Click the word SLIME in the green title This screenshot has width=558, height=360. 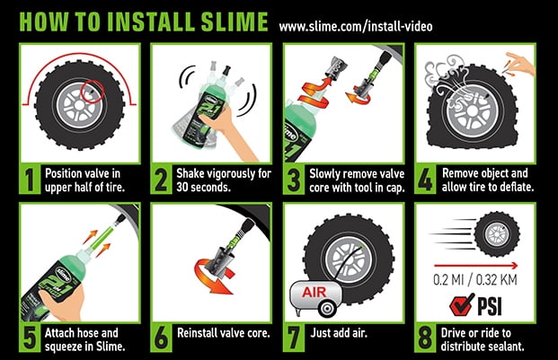point(235,22)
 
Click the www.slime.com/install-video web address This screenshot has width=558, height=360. point(356,26)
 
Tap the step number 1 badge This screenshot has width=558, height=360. point(30,180)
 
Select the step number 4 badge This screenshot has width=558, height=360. point(425,180)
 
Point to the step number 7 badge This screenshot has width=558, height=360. point(294,338)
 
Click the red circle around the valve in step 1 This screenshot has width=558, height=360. point(93,92)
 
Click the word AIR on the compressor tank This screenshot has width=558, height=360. point(314,292)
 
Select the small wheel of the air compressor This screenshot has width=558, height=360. point(327,308)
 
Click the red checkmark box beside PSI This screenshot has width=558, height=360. point(462,304)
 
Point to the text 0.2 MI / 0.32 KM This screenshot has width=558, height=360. point(475,280)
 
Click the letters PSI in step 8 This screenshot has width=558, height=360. point(490,306)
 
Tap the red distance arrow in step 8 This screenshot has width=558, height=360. point(475,266)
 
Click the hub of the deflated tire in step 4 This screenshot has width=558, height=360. point(472,111)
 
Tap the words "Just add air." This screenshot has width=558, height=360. point(339,333)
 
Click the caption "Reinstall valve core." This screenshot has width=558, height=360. point(224,333)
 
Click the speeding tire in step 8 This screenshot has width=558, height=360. point(497,234)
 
